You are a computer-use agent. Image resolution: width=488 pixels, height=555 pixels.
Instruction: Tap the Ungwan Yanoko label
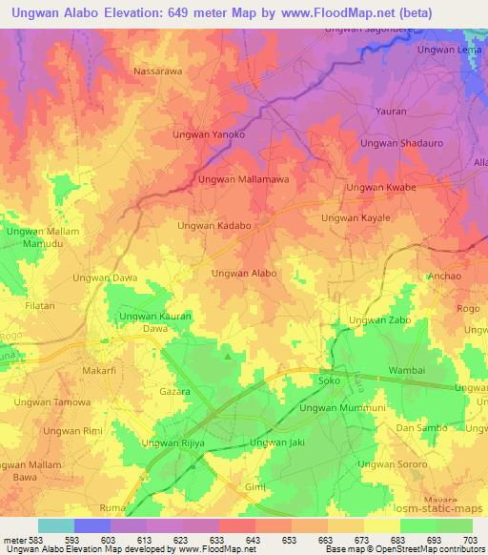208,135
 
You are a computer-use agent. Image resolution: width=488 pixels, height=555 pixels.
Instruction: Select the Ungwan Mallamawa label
243,178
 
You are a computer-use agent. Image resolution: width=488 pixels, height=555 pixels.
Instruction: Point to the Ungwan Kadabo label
214,226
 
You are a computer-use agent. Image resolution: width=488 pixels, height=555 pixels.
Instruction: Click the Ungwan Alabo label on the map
244,273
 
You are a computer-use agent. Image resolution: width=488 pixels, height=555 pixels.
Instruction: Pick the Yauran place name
391,111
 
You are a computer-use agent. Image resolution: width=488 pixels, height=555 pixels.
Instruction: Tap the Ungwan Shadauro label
398,143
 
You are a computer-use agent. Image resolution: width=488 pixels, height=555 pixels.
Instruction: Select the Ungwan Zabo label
380,319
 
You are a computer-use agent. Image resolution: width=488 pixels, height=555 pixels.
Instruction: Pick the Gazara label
174,392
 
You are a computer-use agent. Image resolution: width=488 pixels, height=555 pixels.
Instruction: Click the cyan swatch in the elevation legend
55,525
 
